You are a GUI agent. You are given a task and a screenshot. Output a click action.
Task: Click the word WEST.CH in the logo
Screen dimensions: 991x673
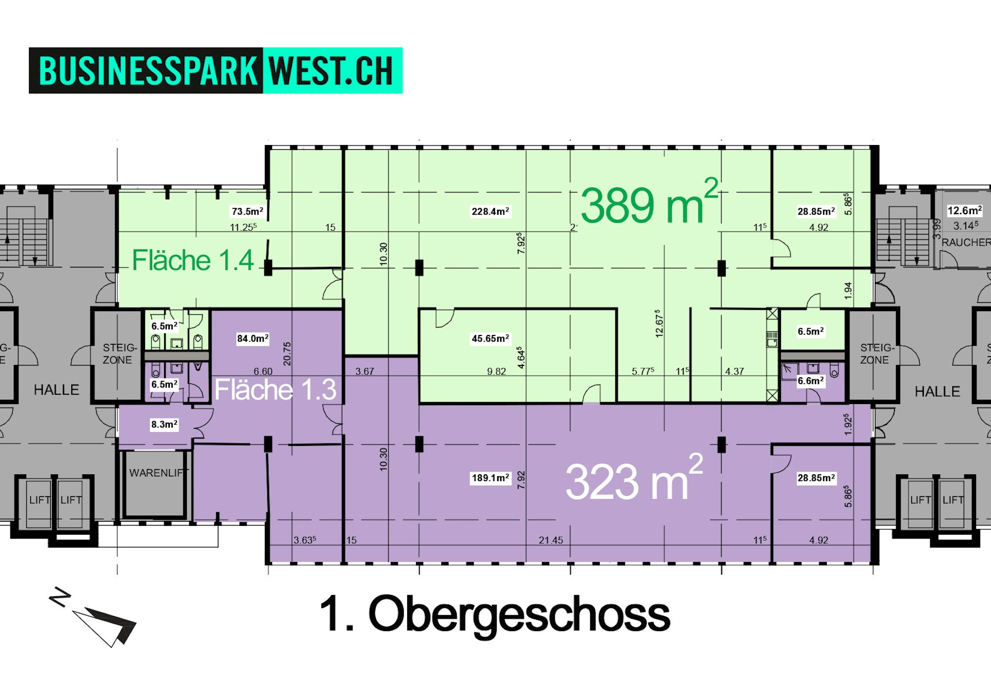pyautogui.click(x=331, y=71)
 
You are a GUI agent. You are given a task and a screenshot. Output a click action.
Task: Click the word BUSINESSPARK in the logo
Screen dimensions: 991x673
pyautogui.click(x=148, y=71)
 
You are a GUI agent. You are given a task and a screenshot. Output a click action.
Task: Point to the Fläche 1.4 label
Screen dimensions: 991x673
pyautogui.click(x=193, y=260)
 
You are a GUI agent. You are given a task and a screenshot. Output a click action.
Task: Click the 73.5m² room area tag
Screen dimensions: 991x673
pyautogui.click(x=247, y=211)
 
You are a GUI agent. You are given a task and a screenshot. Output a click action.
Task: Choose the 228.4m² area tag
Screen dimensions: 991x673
pyautogui.click(x=490, y=211)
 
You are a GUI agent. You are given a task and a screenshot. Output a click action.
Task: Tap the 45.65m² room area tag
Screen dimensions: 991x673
pyautogui.click(x=490, y=339)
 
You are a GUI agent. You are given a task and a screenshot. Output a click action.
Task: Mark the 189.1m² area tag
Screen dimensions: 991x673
pyautogui.click(x=490, y=478)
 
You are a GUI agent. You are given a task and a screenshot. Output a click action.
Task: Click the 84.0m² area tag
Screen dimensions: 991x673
pyautogui.click(x=253, y=339)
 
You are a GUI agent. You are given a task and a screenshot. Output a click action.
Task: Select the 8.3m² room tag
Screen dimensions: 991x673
pyautogui.click(x=164, y=424)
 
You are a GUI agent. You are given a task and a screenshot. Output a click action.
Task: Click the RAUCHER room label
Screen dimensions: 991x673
pyautogui.click(x=966, y=242)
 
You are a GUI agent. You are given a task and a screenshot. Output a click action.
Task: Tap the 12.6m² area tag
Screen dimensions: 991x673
pyautogui.click(x=965, y=211)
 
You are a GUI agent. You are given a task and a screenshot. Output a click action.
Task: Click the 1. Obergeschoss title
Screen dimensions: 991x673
pyautogui.click(x=494, y=614)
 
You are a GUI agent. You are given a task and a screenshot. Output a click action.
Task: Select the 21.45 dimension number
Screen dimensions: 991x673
pyautogui.click(x=551, y=540)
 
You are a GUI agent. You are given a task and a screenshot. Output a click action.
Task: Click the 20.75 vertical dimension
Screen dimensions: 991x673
pyautogui.click(x=287, y=354)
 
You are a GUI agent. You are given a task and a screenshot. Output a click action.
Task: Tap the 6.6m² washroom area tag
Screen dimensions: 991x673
pyautogui.click(x=811, y=381)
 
